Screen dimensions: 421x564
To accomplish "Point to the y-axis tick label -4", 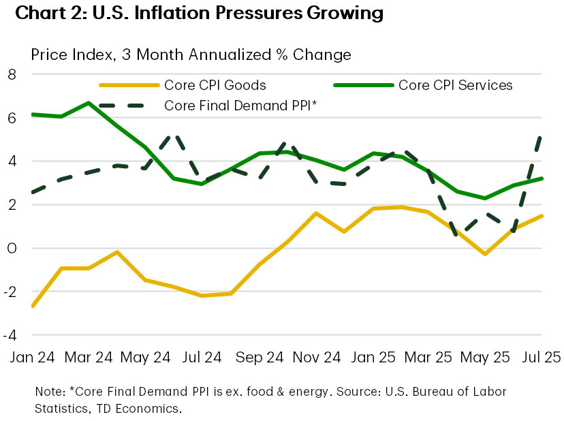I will pos(10,335).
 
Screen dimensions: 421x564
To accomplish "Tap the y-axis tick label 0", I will pos(12,248).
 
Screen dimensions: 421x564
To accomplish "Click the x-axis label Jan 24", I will pos(32,356).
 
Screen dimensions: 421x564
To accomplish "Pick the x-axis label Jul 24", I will pos(202,356).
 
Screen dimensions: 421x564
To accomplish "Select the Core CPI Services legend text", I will pos(455,85).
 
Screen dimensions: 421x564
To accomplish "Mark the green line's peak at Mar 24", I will pos(89,103).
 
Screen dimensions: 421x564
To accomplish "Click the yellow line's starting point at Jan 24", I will pos(32,307).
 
